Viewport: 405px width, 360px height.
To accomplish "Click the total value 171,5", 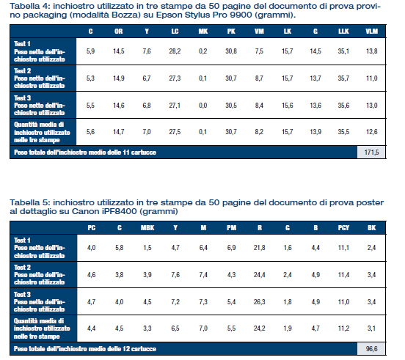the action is [x=371, y=153].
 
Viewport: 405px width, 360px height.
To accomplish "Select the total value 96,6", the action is [x=371, y=349].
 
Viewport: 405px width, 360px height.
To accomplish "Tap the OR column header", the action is [x=119, y=32].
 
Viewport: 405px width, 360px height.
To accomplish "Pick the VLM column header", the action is [x=372, y=32].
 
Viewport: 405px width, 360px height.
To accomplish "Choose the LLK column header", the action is [x=343, y=32].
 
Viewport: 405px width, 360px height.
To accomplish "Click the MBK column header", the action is [x=147, y=228].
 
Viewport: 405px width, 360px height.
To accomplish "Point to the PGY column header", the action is [x=343, y=228].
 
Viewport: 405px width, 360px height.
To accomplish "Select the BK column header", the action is [x=372, y=228].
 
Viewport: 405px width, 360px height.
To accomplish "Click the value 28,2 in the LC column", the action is [x=175, y=51].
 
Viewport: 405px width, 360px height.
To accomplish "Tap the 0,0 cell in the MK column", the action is [x=203, y=106].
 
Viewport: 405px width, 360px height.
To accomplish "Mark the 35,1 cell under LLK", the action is [x=343, y=51].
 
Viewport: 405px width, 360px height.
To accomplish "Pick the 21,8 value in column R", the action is [x=259, y=248].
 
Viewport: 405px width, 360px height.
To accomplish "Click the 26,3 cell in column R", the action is [x=259, y=302].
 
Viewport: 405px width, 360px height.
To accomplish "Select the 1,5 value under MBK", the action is [x=147, y=248].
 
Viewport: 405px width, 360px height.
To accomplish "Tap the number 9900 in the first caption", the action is [x=241, y=15].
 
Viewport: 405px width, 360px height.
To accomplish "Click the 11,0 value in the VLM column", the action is [x=372, y=78].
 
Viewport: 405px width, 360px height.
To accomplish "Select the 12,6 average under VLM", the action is [x=372, y=132].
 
